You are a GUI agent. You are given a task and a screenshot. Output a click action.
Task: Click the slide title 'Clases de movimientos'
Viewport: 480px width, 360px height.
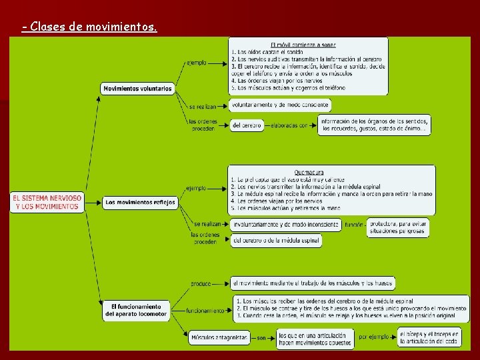(89, 27)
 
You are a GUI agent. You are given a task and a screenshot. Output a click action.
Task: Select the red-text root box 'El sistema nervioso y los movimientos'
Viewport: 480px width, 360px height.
(47, 202)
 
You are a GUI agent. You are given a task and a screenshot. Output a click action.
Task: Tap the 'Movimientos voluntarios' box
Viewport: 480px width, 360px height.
(137, 88)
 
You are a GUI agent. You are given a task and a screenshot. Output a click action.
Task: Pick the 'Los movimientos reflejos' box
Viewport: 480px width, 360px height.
(140, 202)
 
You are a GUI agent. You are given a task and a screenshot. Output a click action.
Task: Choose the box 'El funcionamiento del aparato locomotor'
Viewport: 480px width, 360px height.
(136, 310)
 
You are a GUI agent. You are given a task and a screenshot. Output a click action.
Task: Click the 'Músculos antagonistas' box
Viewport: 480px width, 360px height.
(218, 337)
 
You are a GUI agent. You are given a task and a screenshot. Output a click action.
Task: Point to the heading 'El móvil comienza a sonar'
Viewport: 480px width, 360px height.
(294, 44)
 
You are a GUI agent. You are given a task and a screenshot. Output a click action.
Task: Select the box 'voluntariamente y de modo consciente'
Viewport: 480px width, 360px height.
(280, 105)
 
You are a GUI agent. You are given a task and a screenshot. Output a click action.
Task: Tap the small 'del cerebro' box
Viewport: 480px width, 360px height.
(247, 125)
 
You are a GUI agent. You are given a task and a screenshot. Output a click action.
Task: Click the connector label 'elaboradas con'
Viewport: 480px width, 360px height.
(290, 125)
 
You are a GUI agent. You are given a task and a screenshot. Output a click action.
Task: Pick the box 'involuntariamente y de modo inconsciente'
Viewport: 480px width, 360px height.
(285, 225)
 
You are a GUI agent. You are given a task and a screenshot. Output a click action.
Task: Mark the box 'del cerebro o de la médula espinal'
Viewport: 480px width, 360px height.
(277, 240)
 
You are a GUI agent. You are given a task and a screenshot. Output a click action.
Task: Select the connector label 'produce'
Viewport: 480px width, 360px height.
(201, 283)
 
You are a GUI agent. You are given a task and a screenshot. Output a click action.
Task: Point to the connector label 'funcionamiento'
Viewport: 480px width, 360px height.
(205, 311)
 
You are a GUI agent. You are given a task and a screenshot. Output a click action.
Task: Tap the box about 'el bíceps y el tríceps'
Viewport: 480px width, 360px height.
(429, 337)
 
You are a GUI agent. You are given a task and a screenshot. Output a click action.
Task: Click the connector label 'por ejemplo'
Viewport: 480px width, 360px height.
(373, 337)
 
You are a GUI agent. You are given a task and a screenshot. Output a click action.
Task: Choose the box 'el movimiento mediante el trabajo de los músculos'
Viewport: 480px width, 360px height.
(313, 283)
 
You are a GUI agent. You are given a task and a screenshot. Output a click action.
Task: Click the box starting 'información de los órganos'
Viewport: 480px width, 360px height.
(373, 125)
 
